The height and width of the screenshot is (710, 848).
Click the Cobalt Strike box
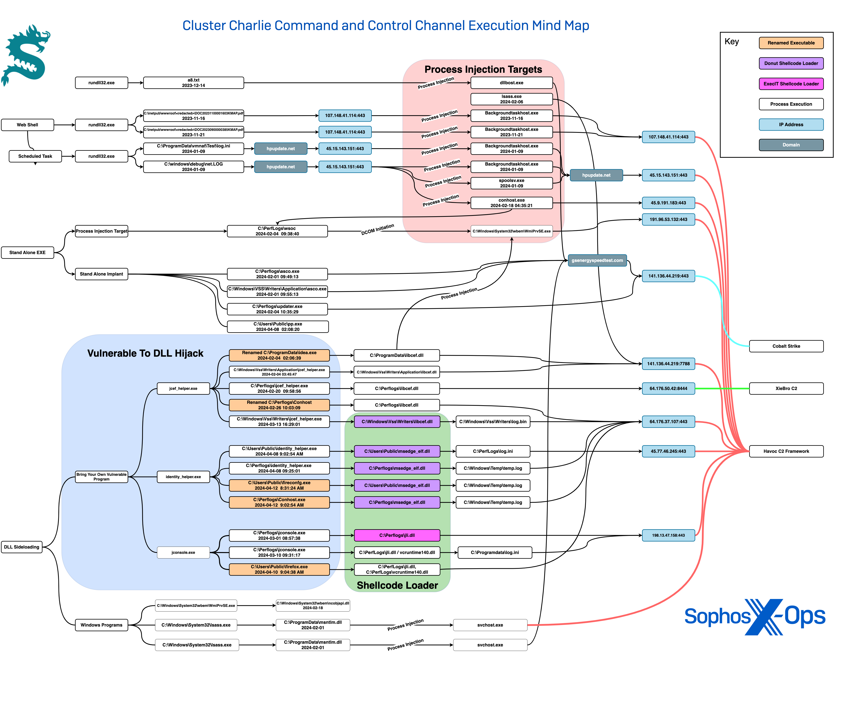(x=786, y=346)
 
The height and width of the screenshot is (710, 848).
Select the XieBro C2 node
(x=786, y=388)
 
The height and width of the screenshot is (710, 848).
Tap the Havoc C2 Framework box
(x=786, y=451)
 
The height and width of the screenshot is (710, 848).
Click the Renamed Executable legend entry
(x=791, y=43)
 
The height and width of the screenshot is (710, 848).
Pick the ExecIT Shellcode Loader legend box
(x=791, y=84)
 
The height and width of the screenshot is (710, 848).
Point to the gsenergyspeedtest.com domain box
(x=597, y=260)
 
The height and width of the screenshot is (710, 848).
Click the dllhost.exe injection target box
(x=511, y=83)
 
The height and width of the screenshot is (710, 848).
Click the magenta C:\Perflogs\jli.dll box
(x=397, y=535)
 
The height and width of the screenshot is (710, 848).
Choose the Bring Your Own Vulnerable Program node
(x=101, y=477)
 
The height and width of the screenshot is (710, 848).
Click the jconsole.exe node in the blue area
(x=183, y=552)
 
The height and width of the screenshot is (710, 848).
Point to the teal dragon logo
(x=26, y=55)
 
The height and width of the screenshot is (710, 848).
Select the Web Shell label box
(x=27, y=125)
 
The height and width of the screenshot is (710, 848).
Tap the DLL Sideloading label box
(x=22, y=547)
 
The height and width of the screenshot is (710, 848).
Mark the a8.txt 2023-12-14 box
(x=193, y=83)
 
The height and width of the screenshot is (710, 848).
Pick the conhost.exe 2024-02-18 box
(x=511, y=203)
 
